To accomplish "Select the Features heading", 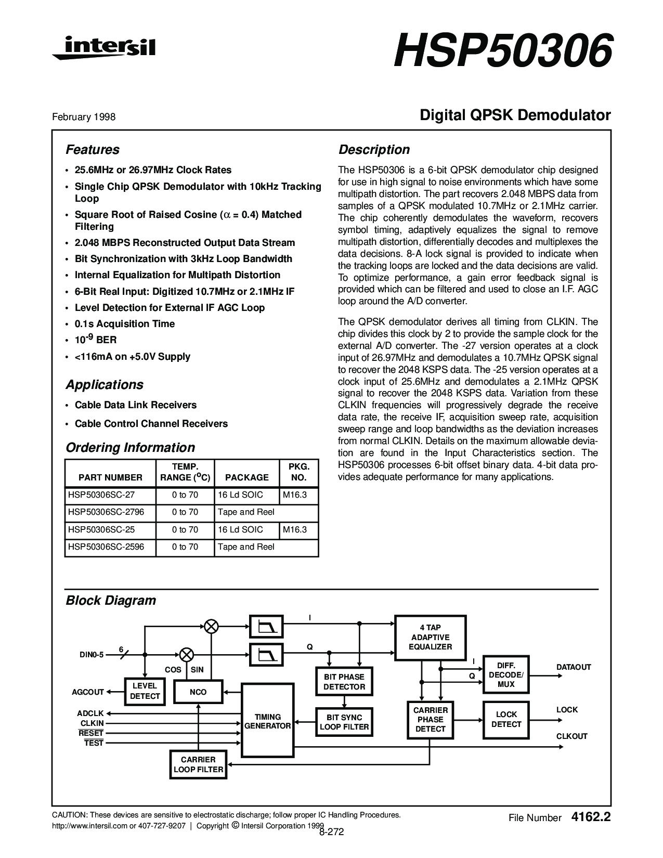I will [x=93, y=150].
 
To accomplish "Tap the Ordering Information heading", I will [x=130, y=448].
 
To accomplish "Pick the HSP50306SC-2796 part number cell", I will [x=106, y=512].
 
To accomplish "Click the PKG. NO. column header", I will [x=298, y=472].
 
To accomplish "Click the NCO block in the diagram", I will [x=198, y=692].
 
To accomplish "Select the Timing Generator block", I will [x=267, y=721].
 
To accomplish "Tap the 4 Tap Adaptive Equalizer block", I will [x=430, y=638].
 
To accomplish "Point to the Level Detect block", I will [x=145, y=691].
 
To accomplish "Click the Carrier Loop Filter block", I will [x=198, y=764].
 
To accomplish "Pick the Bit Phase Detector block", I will [x=344, y=682].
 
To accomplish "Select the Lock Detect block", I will [x=506, y=720].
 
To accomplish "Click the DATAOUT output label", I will [x=574, y=667].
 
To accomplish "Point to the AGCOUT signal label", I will [x=88, y=692].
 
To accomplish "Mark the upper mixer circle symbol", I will [x=211, y=626].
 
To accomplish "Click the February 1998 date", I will [x=84, y=117].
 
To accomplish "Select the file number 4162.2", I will [x=590, y=817].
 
